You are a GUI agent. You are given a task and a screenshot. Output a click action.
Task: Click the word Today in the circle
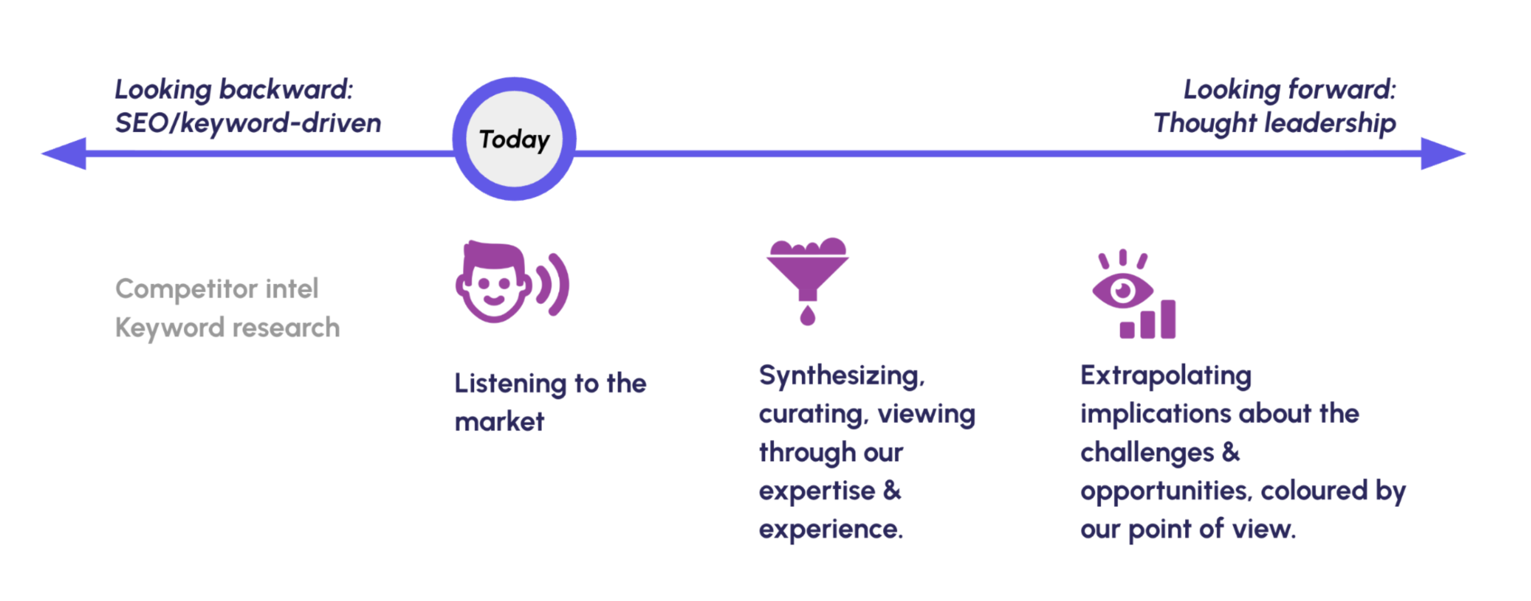514,139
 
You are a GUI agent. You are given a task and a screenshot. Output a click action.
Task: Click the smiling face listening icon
493,282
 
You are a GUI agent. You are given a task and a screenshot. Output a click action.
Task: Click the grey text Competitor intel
217,289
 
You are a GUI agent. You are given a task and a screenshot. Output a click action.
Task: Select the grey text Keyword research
227,328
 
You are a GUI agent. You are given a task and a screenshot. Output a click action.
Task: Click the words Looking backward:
234,90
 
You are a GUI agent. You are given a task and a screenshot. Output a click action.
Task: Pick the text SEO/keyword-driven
248,123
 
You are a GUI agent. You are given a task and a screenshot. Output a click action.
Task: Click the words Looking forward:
1289,90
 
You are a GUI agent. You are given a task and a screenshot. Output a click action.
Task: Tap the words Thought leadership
1274,123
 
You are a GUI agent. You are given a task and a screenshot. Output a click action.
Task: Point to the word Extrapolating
1165,376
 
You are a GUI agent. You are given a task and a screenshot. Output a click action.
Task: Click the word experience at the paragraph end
830,529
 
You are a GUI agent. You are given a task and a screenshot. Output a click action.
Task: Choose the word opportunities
1165,491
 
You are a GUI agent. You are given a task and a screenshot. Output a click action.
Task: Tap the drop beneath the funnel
807,316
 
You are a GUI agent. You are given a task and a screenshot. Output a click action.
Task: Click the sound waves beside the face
554,284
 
